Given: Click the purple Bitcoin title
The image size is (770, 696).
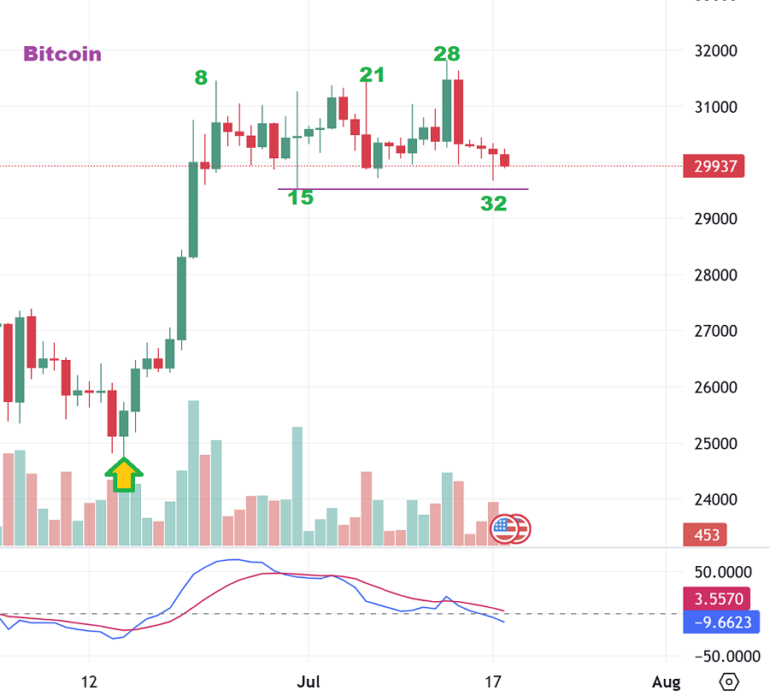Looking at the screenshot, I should [x=62, y=54].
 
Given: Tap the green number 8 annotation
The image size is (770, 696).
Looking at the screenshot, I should [x=201, y=78].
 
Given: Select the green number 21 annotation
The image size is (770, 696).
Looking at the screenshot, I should [x=372, y=75].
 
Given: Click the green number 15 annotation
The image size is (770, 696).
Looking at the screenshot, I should [x=300, y=198].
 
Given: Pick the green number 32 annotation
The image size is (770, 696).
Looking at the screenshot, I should [x=493, y=203].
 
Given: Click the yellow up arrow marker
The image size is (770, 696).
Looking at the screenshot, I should [x=124, y=474].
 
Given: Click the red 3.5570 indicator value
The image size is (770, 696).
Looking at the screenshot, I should [x=718, y=599].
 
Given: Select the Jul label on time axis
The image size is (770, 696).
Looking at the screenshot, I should [x=309, y=682].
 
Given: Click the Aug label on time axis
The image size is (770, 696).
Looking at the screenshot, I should [x=666, y=682].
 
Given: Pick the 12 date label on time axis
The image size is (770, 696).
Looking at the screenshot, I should [x=90, y=682].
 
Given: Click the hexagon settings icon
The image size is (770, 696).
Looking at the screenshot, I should [x=729, y=681].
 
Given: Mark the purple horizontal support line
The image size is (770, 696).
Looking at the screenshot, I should [x=402, y=189].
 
